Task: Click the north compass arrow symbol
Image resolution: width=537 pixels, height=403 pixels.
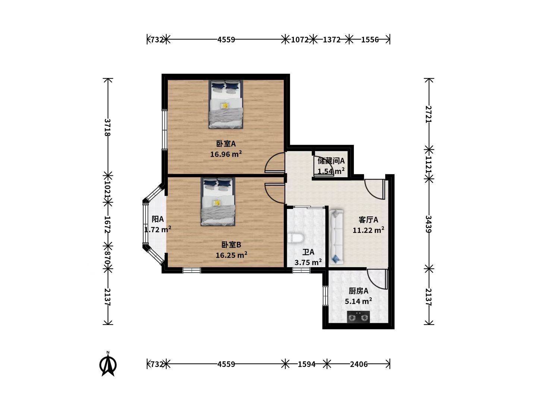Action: pos(108,364)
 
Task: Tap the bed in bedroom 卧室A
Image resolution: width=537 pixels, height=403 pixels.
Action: pos(226,104)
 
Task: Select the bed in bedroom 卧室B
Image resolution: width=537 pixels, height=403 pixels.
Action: pos(218,201)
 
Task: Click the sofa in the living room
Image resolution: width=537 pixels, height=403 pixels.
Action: pos(337,237)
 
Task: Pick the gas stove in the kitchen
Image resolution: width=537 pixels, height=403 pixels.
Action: pos(358,317)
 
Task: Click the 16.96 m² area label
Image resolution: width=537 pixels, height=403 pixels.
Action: pos(226,154)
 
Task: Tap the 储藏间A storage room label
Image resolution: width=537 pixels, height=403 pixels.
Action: pos(331,161)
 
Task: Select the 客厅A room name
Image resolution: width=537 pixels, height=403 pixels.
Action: pos(368,220)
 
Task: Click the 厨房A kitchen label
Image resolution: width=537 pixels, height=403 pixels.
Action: pos(358,291)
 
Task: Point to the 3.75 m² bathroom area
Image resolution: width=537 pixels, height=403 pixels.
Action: pos(308,262)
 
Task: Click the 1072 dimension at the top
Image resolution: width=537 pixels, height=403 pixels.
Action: pos(300,40)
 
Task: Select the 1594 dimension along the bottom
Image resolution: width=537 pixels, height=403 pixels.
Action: pos(307,365)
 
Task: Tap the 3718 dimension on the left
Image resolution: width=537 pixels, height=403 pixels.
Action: pos(108,127)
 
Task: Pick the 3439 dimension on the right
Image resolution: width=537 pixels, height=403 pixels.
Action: pos(428,224)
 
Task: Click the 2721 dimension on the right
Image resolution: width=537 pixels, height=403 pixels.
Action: pos(428,114)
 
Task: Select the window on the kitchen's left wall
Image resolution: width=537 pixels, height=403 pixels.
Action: pos(325,296)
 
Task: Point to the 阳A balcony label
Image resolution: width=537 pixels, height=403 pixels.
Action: pos(157,219)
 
